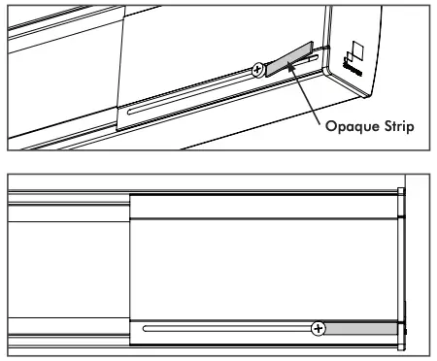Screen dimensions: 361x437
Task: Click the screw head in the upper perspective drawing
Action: point(257,70)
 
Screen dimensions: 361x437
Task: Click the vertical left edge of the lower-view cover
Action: point(130,267)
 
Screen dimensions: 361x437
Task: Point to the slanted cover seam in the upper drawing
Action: point(121,58)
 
